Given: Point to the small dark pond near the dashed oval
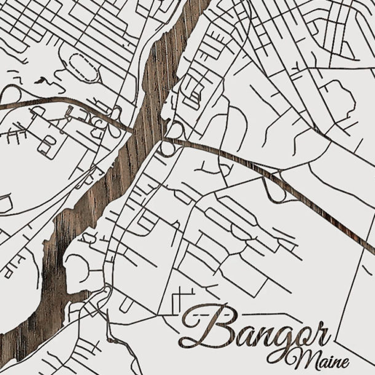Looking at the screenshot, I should (42, 80).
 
